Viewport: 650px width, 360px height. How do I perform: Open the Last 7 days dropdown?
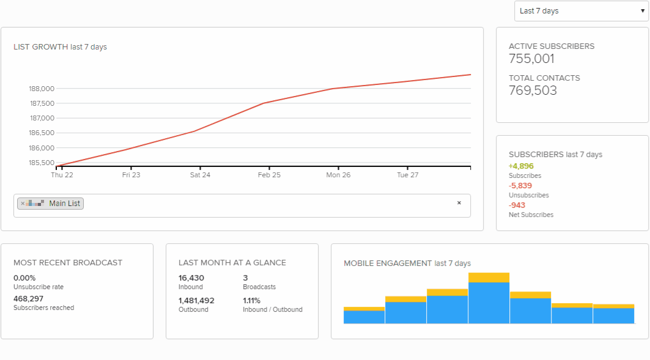click(x=581, y=11)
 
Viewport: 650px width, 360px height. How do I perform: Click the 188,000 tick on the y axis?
click(x=42, y=89)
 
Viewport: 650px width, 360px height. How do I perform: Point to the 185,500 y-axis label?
click(x=42, y=163)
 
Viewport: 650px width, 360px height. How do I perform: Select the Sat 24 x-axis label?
click(x=200, y=175)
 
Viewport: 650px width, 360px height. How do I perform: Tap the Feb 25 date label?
click(x=269, y=175)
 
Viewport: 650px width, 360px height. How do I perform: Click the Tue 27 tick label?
click(x=407, y=175)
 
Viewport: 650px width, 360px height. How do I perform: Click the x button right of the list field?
click(x=459, y=203)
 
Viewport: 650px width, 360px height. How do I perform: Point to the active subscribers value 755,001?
click(x=531, y=59)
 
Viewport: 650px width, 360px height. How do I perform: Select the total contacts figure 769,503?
click(x=533, y=91)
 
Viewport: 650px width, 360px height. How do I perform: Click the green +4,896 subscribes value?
click(x=521, y=166)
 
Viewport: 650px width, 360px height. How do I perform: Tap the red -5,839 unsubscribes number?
click(x=520, y=186)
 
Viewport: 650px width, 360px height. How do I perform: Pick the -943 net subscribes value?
click(x=517, y=205)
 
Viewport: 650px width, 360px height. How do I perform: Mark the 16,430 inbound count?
click(x=191, y=278)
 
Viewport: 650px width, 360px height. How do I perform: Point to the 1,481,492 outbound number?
click(x=196, y=301)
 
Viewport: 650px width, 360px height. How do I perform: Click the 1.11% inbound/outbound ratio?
click(x=252, y=301)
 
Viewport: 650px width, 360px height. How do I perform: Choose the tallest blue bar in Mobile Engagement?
click(x=489, y=303)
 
